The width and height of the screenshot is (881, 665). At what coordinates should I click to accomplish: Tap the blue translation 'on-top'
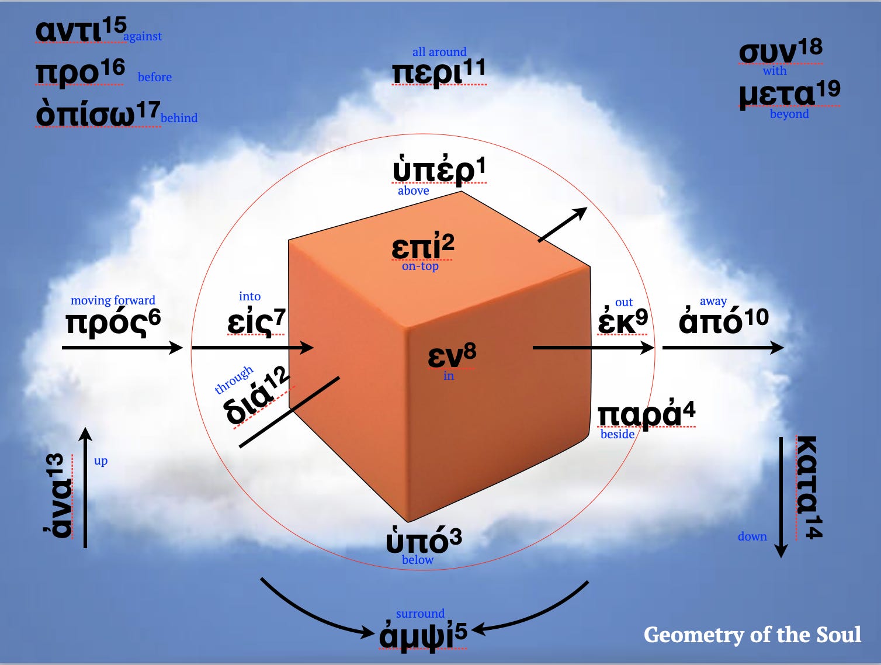click(x=420, y=266)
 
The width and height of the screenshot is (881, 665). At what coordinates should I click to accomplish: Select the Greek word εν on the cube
click(x=445, y=356)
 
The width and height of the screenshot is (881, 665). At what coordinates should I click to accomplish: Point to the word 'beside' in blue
click(x=617, y=434)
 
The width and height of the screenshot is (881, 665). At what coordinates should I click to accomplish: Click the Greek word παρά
click(x=639, y=414)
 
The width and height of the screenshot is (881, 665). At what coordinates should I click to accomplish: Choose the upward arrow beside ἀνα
click(x=85, y=488)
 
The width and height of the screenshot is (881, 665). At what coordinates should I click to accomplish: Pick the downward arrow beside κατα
click(x=781, y=497)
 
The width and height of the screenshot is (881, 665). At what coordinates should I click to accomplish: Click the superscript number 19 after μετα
click(x=828, y=89)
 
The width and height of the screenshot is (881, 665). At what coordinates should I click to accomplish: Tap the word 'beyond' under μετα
click(x=789, y=114)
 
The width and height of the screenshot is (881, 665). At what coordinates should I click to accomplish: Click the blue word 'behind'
click(x=179, y=118)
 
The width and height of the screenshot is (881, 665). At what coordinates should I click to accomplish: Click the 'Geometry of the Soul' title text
click(x=752, y=635)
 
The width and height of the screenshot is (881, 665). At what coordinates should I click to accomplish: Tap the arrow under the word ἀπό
click(x=723, y=348)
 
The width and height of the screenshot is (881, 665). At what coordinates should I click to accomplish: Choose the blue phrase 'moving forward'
click(x=113, y=300)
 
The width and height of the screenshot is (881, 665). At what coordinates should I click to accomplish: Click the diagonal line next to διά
click(x=289, y=412)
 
